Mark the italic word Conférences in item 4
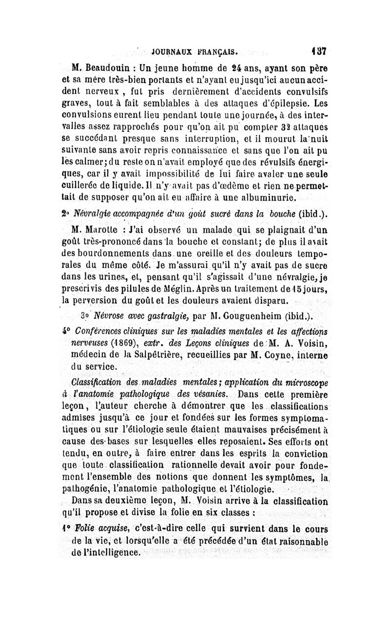coord(104,329)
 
